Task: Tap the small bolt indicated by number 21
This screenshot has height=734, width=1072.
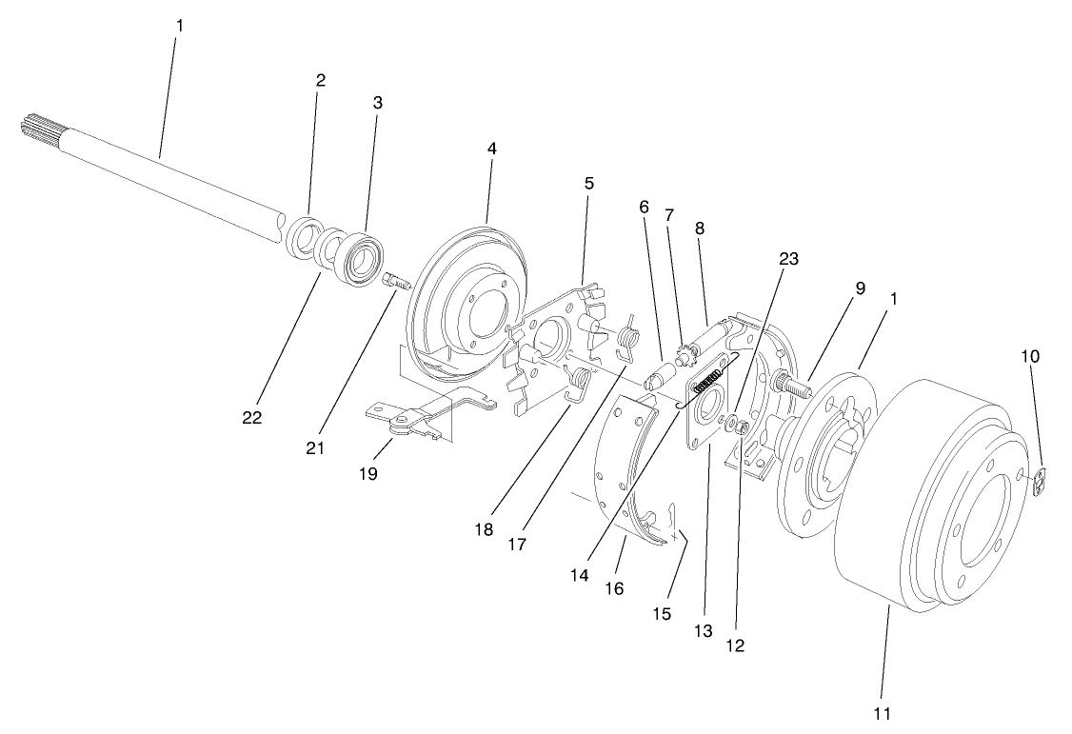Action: (396, 281)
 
